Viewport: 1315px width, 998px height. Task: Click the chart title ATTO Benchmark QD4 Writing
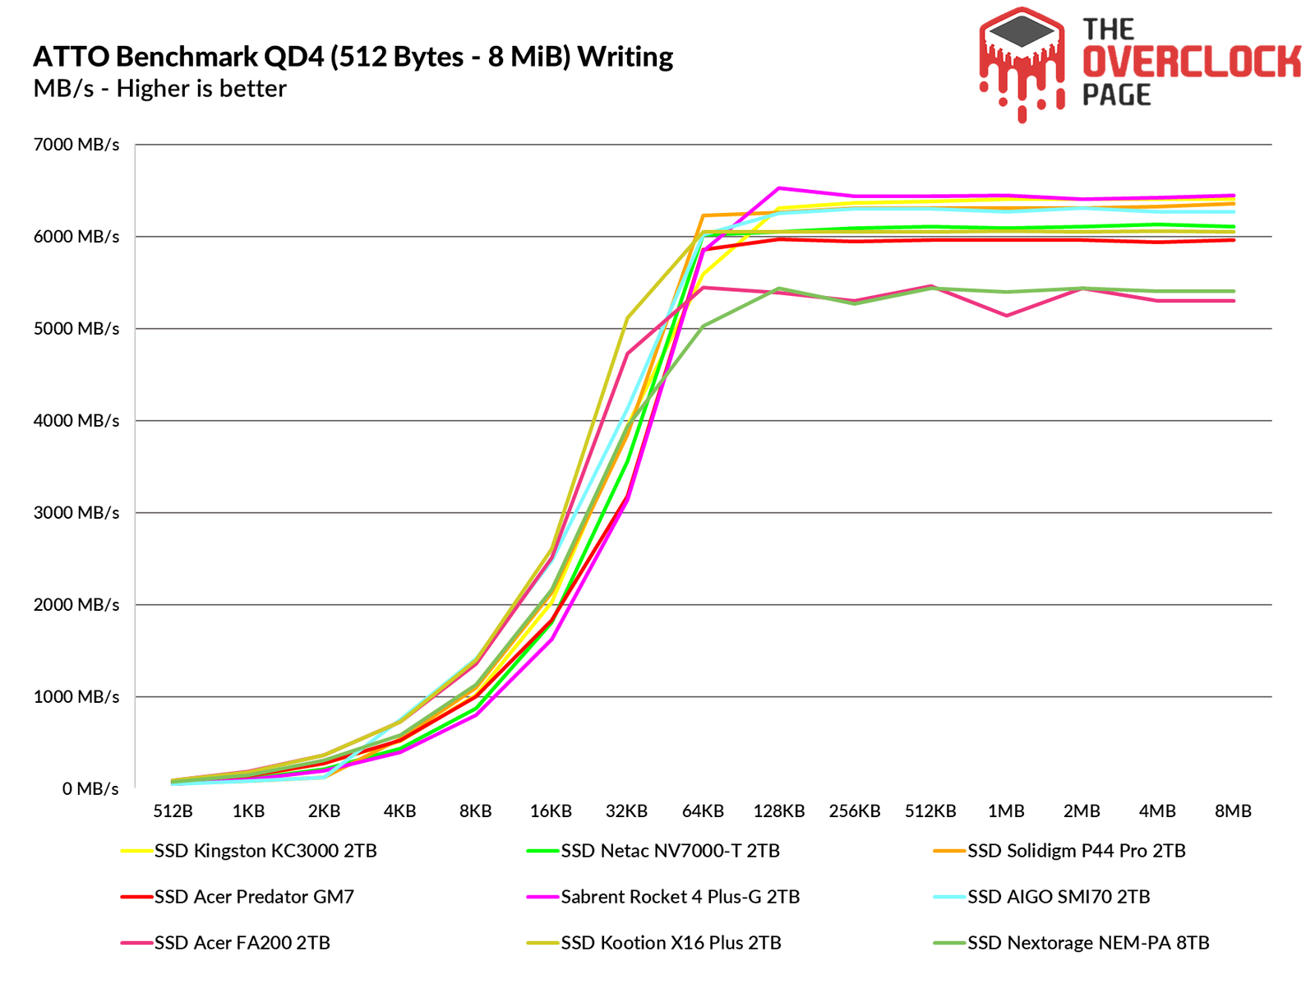[353, 57]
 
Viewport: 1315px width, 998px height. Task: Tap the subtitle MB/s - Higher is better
[159, 89]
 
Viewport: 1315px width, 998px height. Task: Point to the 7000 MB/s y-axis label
[76, 145]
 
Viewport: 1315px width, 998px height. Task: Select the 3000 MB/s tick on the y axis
[76, 513]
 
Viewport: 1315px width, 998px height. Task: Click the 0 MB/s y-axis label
[90, 789]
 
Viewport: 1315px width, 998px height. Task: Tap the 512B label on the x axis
[173, 811]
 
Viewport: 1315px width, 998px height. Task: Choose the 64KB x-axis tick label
[703, 811]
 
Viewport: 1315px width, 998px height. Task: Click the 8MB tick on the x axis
[1233, 811]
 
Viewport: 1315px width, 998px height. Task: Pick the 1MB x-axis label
[1006, 811]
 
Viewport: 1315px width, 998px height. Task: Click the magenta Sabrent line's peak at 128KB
[778, 188]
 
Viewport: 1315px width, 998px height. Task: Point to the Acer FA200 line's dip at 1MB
[1006, 316]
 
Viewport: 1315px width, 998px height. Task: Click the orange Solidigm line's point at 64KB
[703, 215]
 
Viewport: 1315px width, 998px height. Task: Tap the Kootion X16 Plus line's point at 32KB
[627, 318]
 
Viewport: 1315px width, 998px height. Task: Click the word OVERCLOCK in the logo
[1191, 62]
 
